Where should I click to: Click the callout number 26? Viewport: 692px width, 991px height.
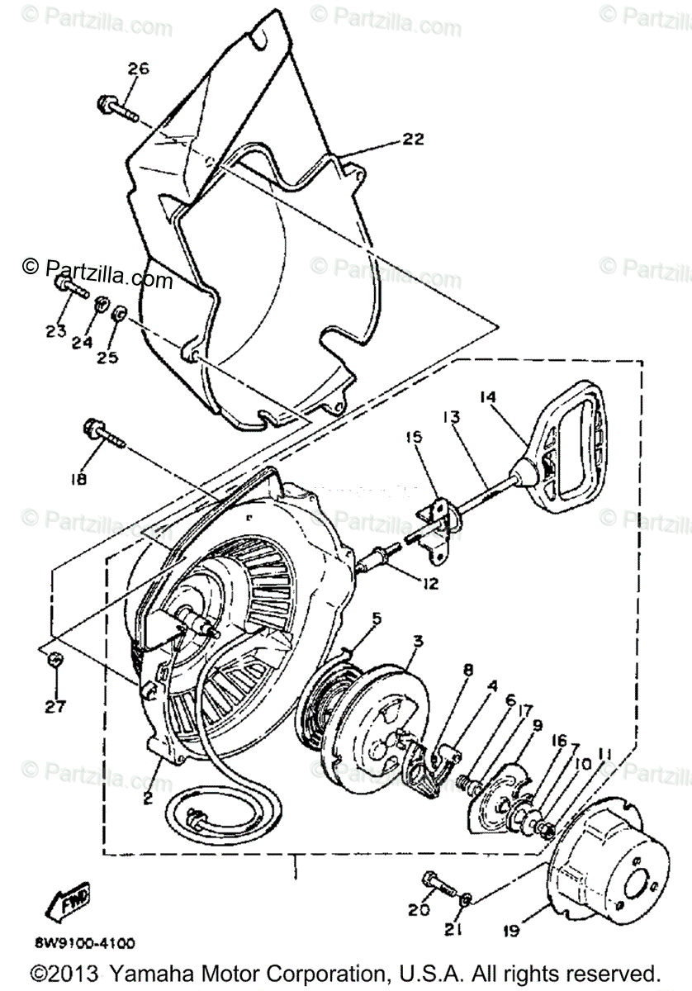[x=138, y=69]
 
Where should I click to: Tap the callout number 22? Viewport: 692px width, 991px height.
[x=413, y=140]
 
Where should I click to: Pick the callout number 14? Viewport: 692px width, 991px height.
[x=490, y=396]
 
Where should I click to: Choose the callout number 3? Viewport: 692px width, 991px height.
[x=396, y=641]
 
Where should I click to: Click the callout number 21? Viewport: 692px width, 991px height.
[x=450, y=930]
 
